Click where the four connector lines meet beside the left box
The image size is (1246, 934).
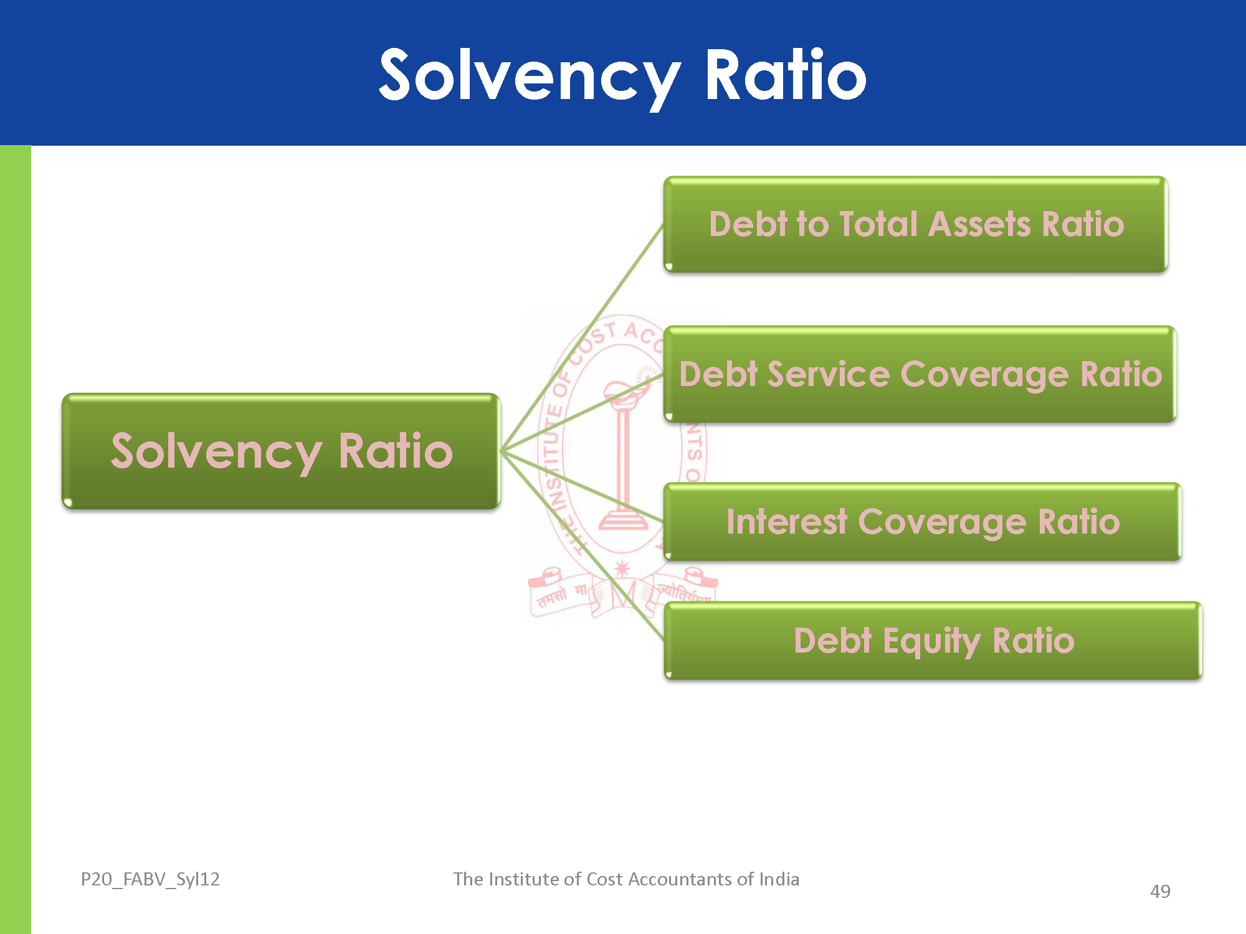(501, 450)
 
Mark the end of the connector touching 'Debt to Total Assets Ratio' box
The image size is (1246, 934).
(664, 225)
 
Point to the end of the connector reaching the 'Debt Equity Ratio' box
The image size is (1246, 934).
(664, 639)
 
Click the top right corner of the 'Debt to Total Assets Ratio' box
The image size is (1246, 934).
(1167, 177)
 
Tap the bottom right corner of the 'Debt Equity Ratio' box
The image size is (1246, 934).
(1201, 679)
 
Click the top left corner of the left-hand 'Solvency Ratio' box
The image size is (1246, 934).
(63, 394)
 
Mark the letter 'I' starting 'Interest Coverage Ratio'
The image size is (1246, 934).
(731, 522)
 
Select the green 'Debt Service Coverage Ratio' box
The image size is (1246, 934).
(920, 374)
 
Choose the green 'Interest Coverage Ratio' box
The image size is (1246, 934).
(922, 522)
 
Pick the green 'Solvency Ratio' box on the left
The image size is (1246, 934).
(281, 451)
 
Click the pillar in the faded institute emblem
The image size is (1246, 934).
(623, 461)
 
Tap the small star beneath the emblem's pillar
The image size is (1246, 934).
(622, 568)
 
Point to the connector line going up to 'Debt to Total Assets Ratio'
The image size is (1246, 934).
(583, 337)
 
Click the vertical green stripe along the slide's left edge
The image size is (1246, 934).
(16, 540)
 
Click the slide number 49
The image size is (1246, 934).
(1160, 892)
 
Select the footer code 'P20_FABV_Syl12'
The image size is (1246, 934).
(150, 879)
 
